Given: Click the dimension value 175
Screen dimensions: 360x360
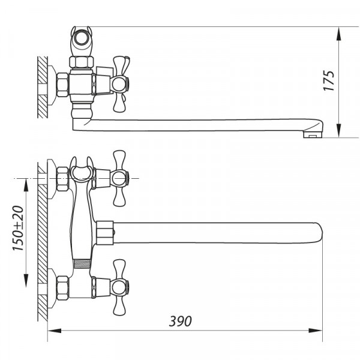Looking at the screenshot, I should coord(328,80).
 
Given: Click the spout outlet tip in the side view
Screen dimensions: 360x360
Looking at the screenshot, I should coord(311,134).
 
